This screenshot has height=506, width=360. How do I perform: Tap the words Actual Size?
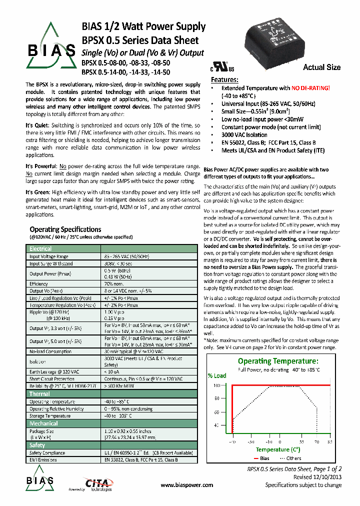click(321, 67)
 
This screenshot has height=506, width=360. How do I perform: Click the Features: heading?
click(225, 80)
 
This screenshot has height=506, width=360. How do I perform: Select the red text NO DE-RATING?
click(310, 88)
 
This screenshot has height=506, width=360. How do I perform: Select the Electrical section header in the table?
click(40, 248)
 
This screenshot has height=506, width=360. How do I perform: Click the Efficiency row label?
click(39, 283)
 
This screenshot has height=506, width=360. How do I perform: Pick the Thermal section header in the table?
click(39, 394)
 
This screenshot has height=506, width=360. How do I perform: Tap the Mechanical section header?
click(43, 423)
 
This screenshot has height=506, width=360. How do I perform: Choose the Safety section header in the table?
click(37, 445)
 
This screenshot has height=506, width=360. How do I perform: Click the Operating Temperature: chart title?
click(277, 361)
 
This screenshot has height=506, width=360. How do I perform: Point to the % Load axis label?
click(217, 375)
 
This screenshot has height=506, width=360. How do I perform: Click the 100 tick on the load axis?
click(216, 385)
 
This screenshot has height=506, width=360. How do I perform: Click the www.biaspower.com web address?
click(187, 485)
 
